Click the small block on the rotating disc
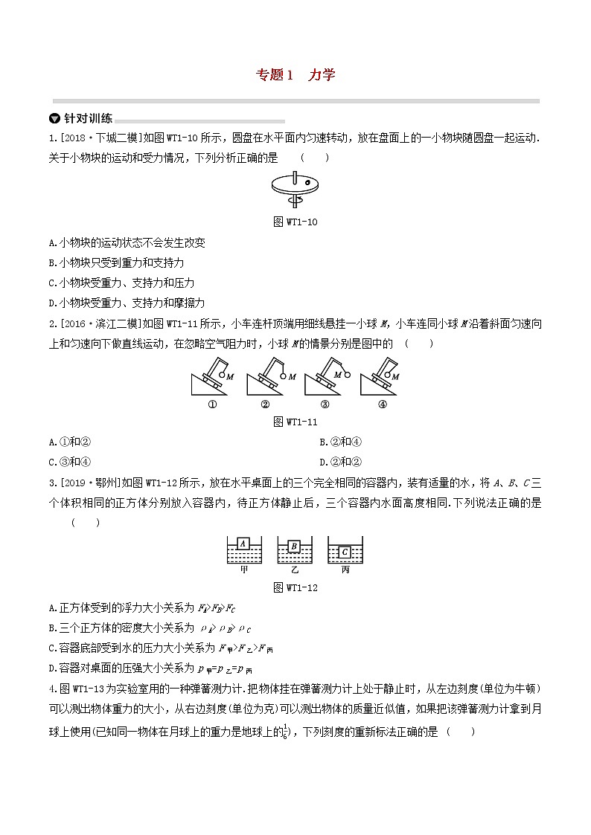pyautogui.click(x=306, y=178)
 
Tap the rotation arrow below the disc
pyautogui.click(x=295, y=200)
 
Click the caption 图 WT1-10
pyautogui.click(x=295, y=222)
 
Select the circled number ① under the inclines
pyautogui.click(x=211, y=404)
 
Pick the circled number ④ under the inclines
pyautogui.click(x=382, y=404)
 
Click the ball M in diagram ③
pyautogui.click(x=346, y=375)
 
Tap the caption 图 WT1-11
pyautogui.click(x=295, y=422)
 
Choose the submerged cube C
pyautogui.click(x=345, y=552)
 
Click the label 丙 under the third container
pyautogui.click(x=345, y=570)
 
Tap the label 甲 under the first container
pyautogui.click(x=243, y=570)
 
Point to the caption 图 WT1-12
pyautogui.click(x=295, y=588)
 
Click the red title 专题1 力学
pyautogui.click(x=295, y=74)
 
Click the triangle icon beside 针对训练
pyautogui.click(x=54, y=118)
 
